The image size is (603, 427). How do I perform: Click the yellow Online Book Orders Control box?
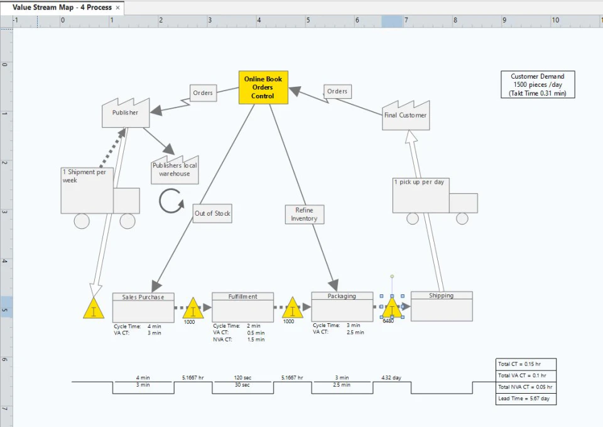[x=263, y=87]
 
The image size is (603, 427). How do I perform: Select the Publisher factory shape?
[x=126, y=113]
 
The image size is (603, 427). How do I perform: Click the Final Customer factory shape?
[x=406, y=116]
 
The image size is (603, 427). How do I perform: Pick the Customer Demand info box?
[x=538, y=84]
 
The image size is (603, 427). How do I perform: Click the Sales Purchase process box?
[x=143, y=308]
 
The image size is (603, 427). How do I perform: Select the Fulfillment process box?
[x=242, y=308]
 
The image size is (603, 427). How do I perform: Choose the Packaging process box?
[x=342, y=308]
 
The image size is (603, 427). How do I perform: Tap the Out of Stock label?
[x=212, y=213]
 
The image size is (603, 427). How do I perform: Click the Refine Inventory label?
[x=304, y=214]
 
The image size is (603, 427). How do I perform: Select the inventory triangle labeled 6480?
[x=392, y=309]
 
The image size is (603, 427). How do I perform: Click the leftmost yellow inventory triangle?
[x=94, y=309]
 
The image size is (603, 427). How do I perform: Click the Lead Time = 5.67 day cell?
[x=526, y=399]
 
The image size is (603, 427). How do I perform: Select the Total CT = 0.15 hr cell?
[x=526, y=364]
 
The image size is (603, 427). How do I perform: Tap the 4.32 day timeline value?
[x=391, y=378]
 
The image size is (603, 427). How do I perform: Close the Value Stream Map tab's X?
[x=117, y=8]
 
